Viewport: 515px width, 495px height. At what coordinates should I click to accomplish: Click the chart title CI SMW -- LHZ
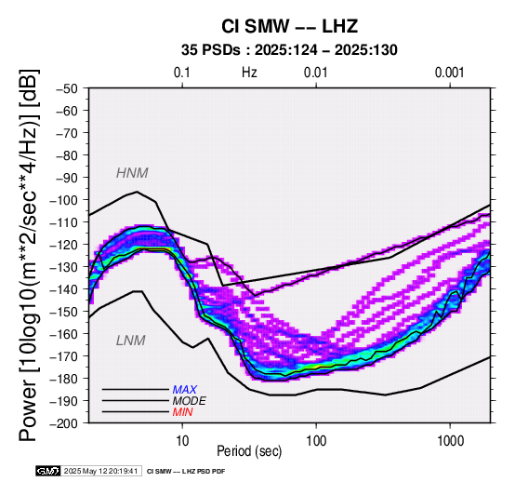[289, 27]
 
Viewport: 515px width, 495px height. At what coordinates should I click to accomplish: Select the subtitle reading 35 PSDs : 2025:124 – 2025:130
[289, 50]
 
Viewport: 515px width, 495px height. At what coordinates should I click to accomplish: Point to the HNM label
[132, 173]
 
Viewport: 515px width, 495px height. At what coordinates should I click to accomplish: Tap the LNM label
[131, 341]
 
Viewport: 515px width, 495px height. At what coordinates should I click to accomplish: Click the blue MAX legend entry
[185, 390]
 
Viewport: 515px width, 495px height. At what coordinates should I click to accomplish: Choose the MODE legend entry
[190, 401]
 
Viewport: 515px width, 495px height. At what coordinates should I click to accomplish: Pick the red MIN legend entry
[182, 412]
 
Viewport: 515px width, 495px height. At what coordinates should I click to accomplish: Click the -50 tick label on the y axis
[67, 88]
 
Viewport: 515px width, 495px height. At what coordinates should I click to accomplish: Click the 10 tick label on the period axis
[182, 441]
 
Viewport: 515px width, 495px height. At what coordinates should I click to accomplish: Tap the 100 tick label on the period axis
[316, 441]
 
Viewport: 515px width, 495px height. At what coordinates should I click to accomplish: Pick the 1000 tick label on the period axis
[450, 441]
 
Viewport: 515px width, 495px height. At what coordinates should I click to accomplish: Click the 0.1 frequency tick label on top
[182, 73]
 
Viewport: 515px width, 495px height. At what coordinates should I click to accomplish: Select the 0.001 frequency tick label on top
[450, 73]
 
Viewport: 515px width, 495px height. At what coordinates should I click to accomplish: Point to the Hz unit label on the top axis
[249, 73]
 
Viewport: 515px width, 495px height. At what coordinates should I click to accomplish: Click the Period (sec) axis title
[249, 451]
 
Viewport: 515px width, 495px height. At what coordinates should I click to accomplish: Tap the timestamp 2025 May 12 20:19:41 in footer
[100, 472]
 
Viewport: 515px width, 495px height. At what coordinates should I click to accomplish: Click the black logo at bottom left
[48, 471]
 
